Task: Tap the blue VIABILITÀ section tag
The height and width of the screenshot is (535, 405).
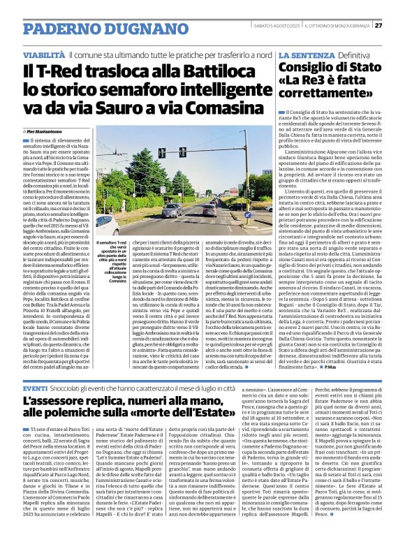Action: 44,54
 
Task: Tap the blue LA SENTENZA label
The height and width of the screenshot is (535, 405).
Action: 304,54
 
